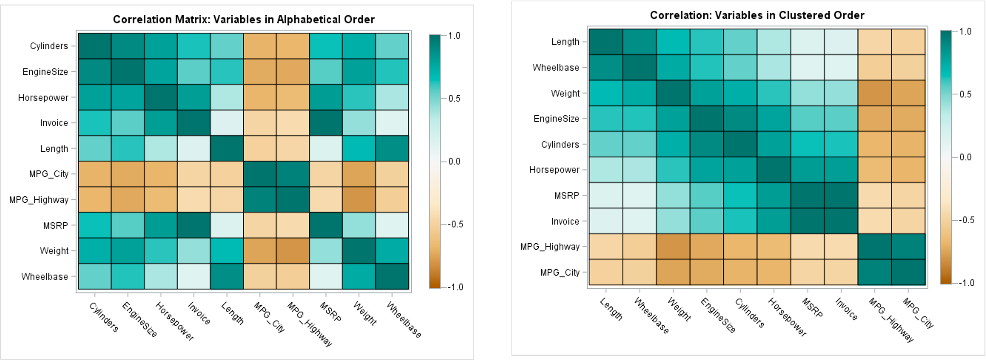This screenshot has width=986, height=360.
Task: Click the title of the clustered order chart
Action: tap(757, 15)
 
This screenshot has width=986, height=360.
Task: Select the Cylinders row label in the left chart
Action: tap(49, 46)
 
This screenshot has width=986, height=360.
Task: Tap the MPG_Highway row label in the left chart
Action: tap(39, 200)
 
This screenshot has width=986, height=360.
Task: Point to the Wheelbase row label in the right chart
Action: tap(555, 68)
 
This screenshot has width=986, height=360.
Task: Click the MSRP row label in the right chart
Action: tap(567, 195)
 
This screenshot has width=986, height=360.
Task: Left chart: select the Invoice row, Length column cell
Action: tap(227, 123)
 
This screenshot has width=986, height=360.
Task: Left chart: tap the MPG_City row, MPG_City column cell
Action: tap(260, 174)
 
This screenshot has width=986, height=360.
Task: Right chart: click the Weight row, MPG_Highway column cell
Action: tap(875, 93)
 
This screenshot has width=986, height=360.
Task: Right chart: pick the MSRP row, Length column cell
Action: tap(606, 195)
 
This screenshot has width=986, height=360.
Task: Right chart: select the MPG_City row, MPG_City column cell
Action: tap(908, 272)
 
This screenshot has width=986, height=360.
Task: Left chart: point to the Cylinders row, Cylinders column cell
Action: tap(95, 46)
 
